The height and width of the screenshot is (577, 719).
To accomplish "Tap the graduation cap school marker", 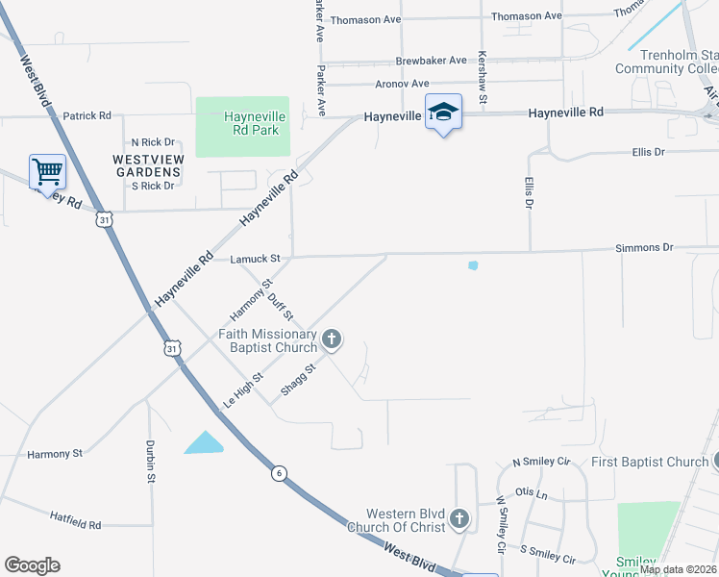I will (x=442, y=113).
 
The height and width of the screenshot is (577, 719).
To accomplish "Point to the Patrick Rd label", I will (x=87, y=116).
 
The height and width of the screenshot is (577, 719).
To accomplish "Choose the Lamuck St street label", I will (x=255, y=259).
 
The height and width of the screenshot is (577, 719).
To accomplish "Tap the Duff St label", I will (x=281, y=308).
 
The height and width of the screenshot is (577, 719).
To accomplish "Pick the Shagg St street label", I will (x=298, y=379).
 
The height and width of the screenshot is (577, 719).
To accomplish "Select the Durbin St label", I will (x=151, y=461).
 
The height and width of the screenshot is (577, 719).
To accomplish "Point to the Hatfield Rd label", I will (x=76, y=524).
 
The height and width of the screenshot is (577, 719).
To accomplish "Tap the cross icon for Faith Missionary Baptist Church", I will (x=332, y=339).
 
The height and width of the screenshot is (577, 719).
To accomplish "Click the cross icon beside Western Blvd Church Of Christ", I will (x=459, y=520).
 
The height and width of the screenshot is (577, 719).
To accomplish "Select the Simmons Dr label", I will (x=644, y=248).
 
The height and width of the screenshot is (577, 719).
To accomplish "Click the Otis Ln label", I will (x=531, y=494).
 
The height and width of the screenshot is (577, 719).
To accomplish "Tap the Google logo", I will (x=32, y=565).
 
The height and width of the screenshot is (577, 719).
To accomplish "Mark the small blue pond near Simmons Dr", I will (x=472, y=265).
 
